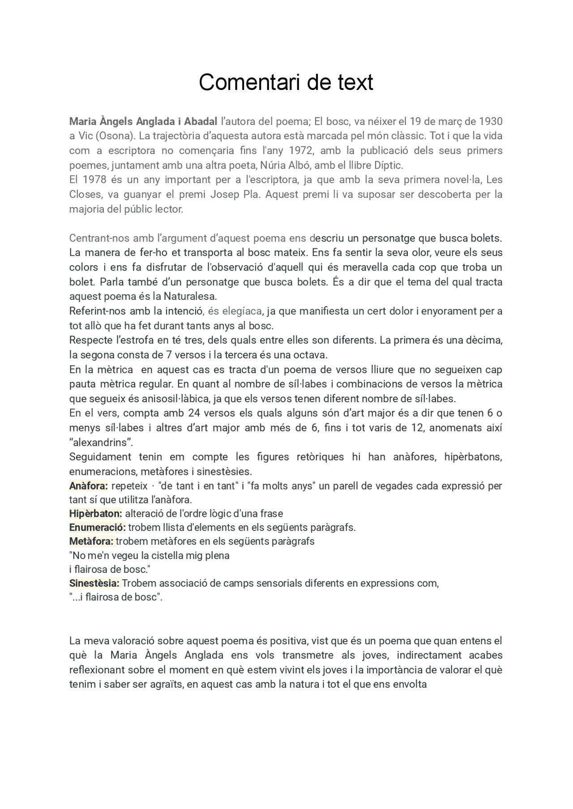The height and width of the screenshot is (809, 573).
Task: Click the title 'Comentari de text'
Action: coord(286,82)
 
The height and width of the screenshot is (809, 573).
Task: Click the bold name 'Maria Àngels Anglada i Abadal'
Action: coord(143,121)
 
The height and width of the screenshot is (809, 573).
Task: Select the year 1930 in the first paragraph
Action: coord(491,121)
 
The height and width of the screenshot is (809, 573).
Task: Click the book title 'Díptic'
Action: coord(388,165)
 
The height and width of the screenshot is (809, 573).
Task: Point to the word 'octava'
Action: coord(312,355)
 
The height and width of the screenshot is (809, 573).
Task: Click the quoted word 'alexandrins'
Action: coord(101,443)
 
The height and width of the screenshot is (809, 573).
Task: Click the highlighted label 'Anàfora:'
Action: coord(88,486)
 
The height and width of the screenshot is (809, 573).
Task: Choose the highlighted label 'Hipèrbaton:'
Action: coord(95,514)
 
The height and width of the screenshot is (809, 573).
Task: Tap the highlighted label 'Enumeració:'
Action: coord(97,528)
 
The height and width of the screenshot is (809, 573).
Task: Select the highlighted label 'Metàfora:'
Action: coord(91,541)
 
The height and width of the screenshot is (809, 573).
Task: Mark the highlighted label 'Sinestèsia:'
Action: coord(94,583)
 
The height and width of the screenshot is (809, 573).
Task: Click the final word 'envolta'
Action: coord(409,684)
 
